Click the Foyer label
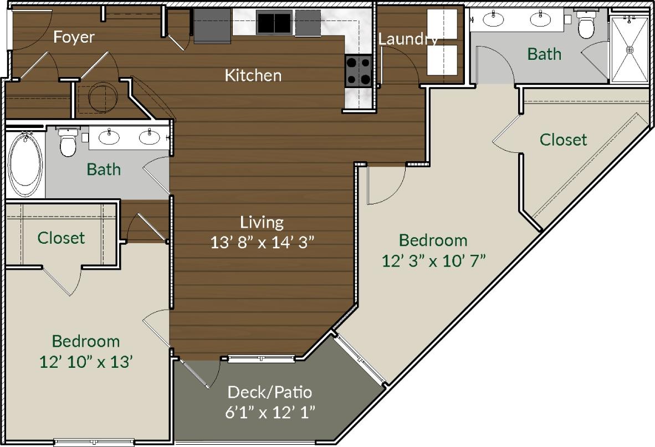(x=74, y=37)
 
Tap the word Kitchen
(x=253, y=75)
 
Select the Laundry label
(x=408, y=39)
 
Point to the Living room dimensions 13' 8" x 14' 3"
(x=263, y=243)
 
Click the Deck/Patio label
(x=270, y=393)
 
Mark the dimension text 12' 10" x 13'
(x=86, y=362)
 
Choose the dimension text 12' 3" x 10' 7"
(x=433, y=260)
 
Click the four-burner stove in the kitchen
(x=358, y=71)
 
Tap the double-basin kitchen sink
(x=274, y=23)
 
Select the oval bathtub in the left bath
(x=24, y=163)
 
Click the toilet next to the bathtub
(x=68, y=143)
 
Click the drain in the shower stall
(x=630, y=50)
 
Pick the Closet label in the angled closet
(x=563, y=140)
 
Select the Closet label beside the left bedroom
(x=61, y=238)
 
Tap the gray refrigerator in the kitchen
(x=212, y=25)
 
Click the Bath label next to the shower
(x=544, y=54)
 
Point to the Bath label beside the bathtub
(x=104, y=169)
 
